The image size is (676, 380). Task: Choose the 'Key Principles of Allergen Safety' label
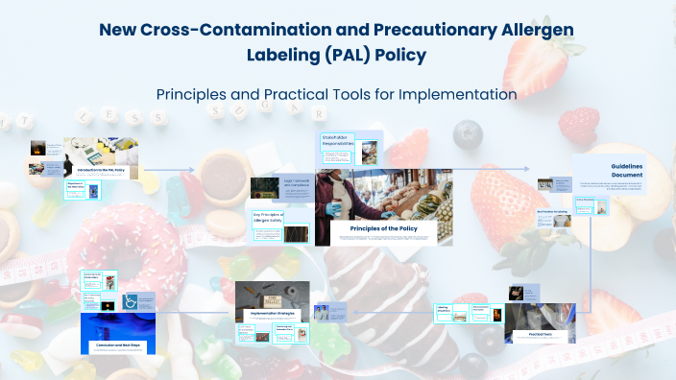click(x=268, y=218)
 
